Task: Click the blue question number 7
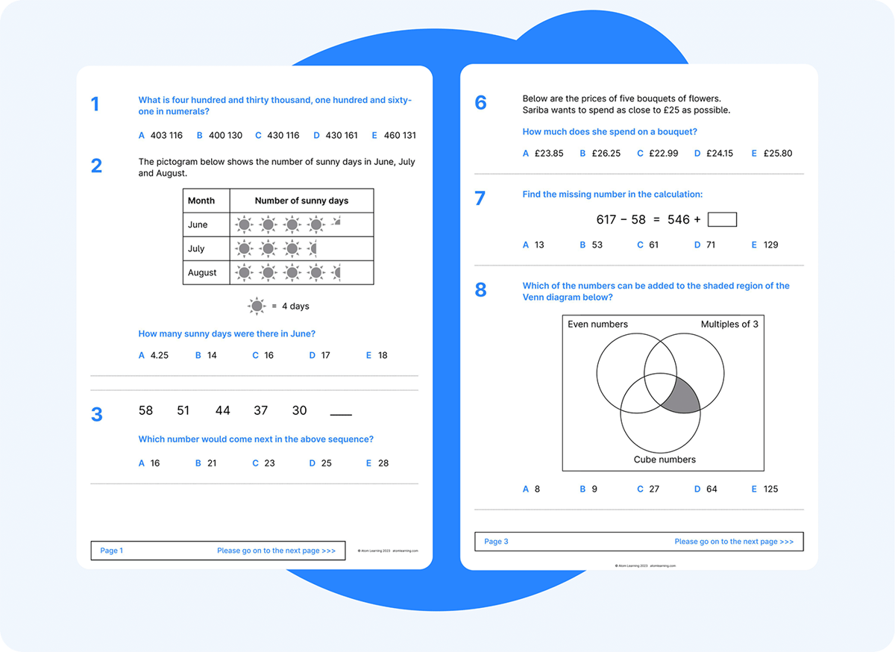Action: coord(480,198)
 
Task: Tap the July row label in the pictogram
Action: coord(198,249)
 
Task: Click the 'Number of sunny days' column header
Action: coord(301,201)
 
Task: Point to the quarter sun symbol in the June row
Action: coord(336,222)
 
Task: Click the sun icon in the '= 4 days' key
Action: coord(257,306)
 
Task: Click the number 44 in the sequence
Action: coord(222,410)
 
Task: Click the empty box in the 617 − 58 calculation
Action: coord(721,219)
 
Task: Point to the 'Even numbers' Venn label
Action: coord(597,325)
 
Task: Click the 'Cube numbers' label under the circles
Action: coord(664,460)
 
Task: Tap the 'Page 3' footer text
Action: coord(496,542)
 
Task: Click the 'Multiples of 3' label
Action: coord(729,325)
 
